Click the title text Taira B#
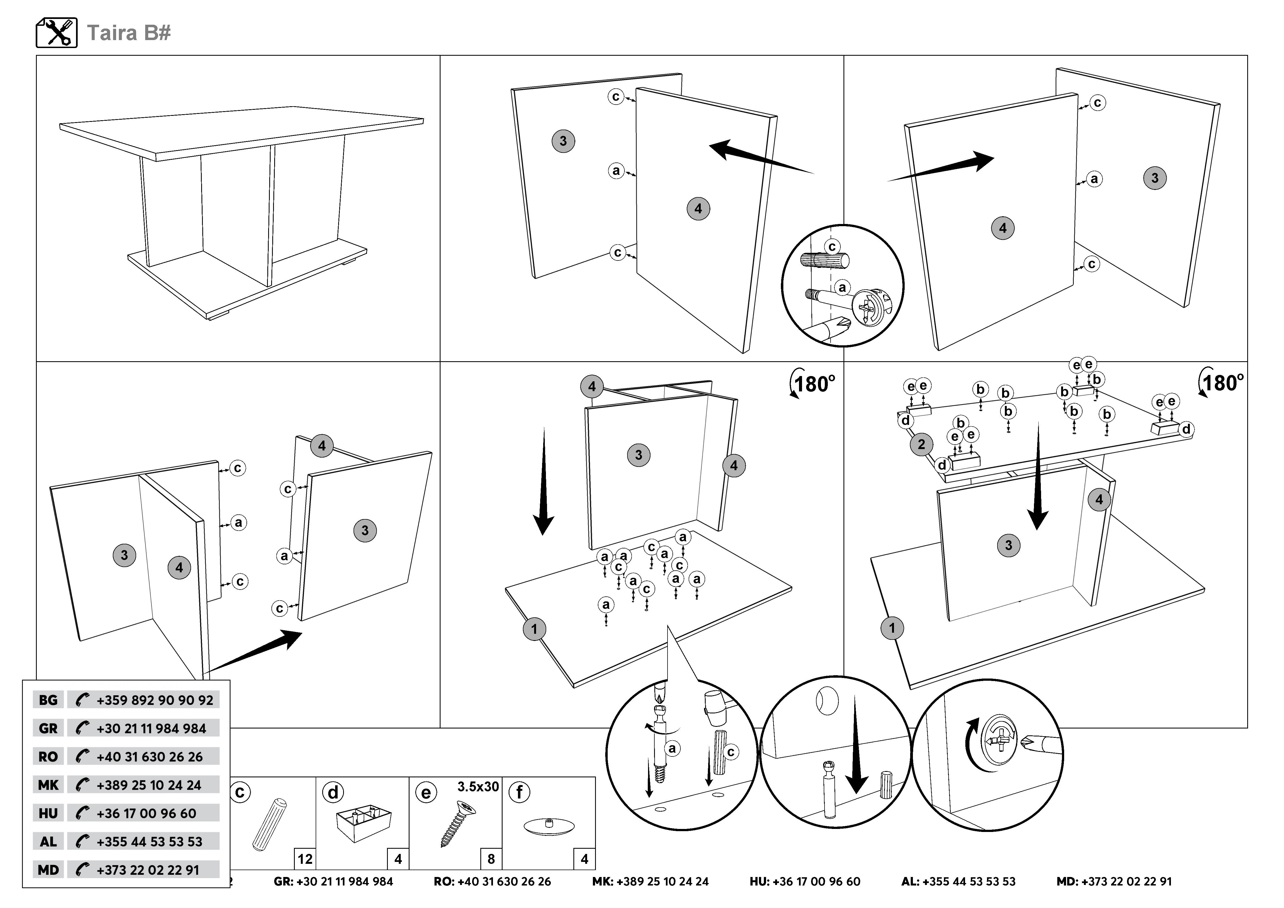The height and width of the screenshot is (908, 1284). click(129, 33)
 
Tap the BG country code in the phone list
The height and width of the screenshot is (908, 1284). click(48, 700)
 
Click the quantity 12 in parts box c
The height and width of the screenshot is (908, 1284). click(305, 859)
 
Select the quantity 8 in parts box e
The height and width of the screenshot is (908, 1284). click(491, 859)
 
